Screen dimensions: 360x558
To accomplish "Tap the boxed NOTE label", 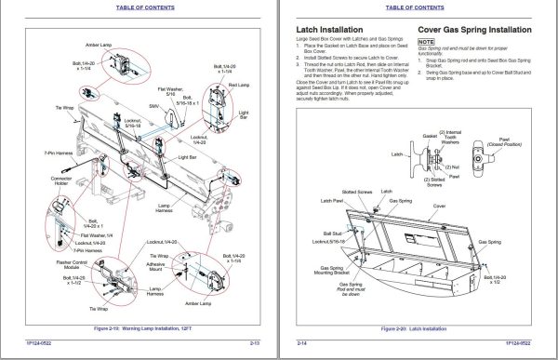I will (x=427, y=43).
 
